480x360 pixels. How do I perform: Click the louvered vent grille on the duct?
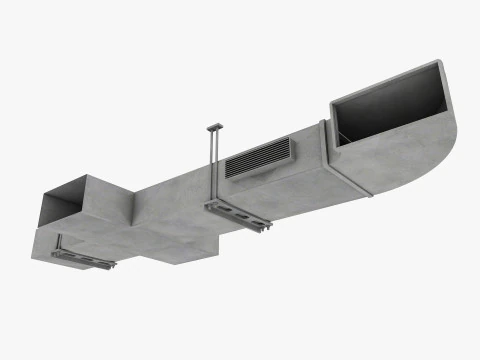[257, 157]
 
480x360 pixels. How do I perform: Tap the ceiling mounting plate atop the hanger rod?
[214, 128]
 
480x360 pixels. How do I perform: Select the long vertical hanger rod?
[215, 165]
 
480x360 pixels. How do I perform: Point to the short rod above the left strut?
[61, 242]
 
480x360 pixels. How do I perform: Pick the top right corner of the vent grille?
[290, 140]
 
